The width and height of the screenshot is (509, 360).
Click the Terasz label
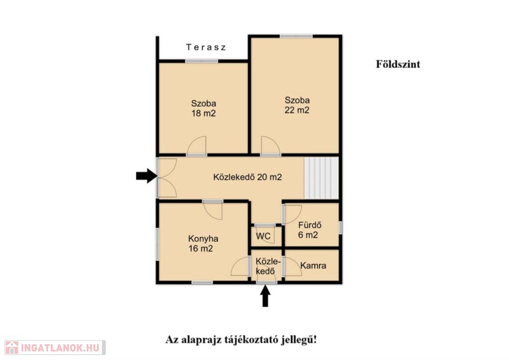206,47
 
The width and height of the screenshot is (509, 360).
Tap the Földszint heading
398,64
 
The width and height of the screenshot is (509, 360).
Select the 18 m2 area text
203,113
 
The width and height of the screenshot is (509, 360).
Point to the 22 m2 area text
297,110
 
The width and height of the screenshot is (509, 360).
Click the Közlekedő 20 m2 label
248,177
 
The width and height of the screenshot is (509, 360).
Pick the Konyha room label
203,239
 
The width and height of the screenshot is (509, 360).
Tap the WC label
263,236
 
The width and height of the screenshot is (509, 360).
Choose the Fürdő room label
310,225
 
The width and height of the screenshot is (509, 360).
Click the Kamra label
313,266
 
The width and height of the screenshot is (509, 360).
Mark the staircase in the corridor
322,178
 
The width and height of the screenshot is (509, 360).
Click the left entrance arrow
147,176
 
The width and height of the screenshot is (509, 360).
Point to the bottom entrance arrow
265,296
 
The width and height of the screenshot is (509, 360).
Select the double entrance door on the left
167,178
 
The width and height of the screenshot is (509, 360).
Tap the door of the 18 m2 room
197,146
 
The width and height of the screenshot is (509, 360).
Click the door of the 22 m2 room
271,146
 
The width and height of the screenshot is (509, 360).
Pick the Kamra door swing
292,267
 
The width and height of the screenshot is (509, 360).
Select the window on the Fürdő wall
340,227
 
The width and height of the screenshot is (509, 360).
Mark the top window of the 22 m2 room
296,36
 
